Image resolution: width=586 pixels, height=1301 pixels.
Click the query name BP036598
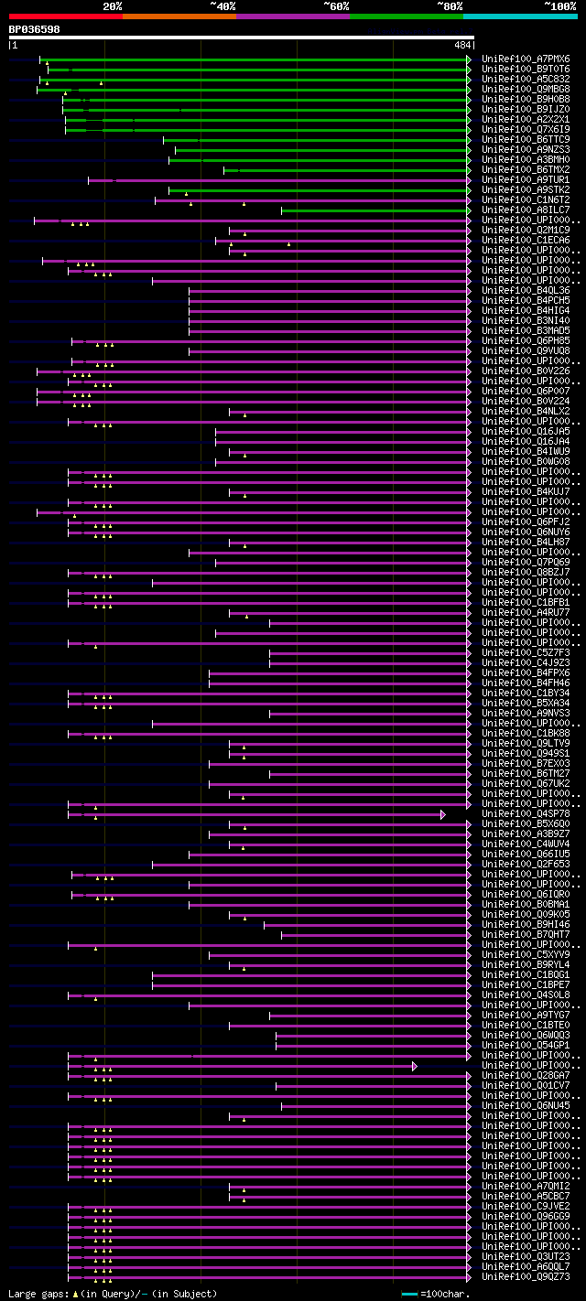[35, 29]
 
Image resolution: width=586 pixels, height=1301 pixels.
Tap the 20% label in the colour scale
[113, 6]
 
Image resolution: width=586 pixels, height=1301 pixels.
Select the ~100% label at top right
[559, 6]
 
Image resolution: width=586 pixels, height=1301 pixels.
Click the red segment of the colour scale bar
[65, 16]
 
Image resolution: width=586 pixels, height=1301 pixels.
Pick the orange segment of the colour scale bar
[179, 16]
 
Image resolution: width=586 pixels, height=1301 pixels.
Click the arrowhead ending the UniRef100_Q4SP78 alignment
[443, 813]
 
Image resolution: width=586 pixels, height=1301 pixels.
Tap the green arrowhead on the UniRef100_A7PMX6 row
[469, 59]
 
